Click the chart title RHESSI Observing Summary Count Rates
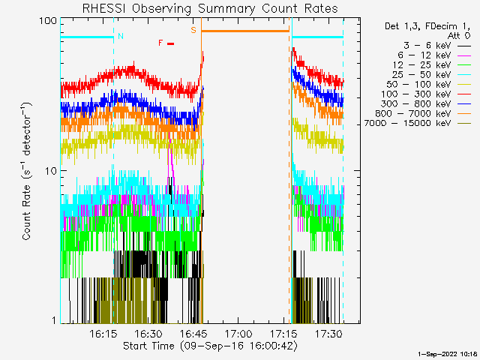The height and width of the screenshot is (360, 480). pyautogui.click(x=210, y=8)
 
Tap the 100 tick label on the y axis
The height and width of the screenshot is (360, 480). pyautogui.click(x=48, y=21)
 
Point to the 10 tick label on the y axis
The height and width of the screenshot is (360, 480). pyautogui.click(x=51, y=171)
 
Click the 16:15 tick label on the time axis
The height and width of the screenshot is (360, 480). pyautogui.click(x=103, y=333)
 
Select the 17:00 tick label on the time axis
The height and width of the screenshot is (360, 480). pyautogui.click(x=238, y=333)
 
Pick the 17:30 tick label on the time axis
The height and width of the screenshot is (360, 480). pyautogui.click(x=328, y=333)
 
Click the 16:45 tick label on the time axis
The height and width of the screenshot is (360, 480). pyautogui.click(x=193, y=333)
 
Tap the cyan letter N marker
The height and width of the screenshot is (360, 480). pyautogui.click(x=121, y=36)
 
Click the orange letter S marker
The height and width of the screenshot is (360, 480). pyautogui.click(x=193, y=30)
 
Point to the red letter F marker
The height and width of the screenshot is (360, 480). pyautogui.click(x=160, y=43)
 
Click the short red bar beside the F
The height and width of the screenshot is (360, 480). pyautogui.click(x=171, y=43)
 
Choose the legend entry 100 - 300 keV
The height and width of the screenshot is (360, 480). pyautogui.click(x=426, y=94)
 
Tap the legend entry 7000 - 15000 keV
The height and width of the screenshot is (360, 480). pyautogui.click(x=417, y=123)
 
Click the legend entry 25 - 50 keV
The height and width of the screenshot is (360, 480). pyautogui.click(x=431, y=75)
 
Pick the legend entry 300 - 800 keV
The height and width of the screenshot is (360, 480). pyautogui.click(x=426, y=103)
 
